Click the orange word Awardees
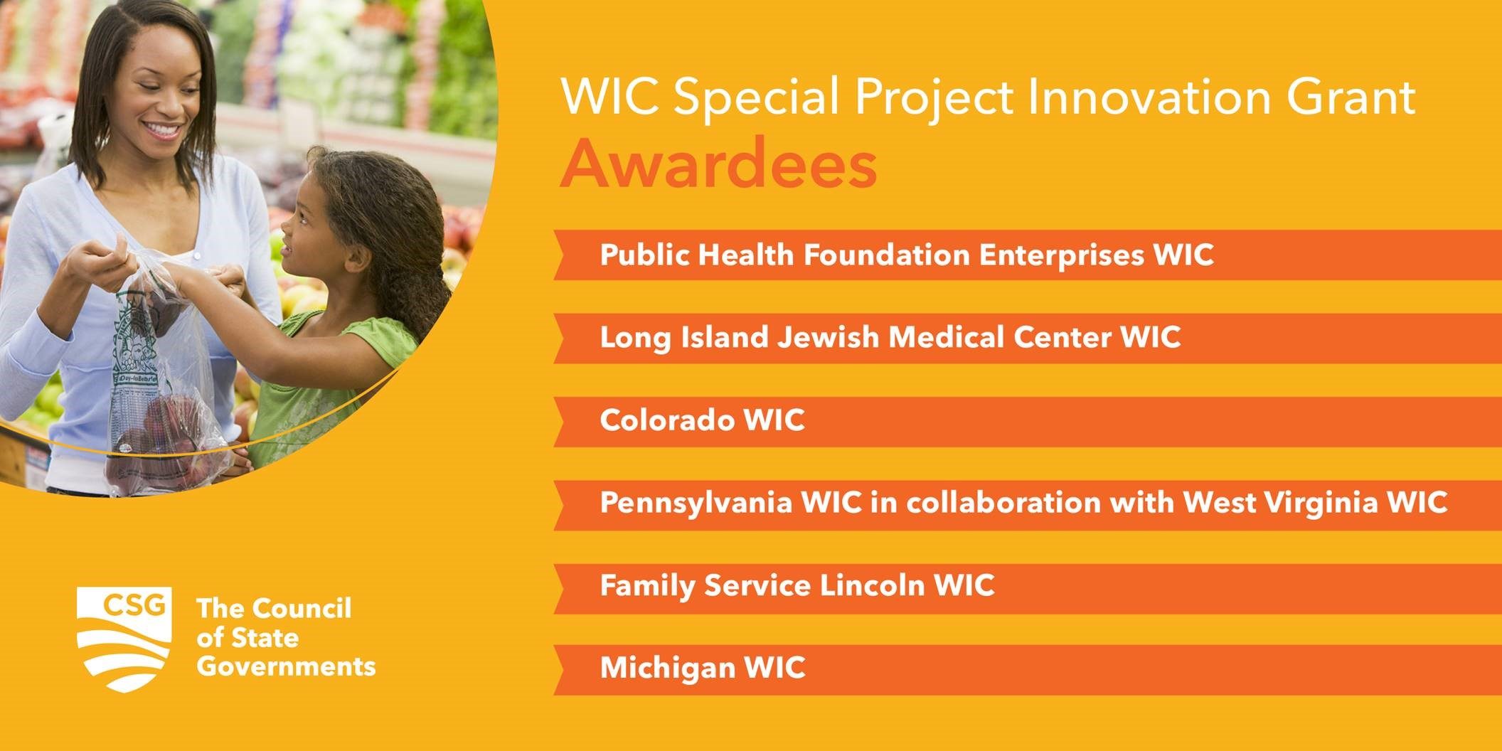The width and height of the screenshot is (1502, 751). tap(718, 164)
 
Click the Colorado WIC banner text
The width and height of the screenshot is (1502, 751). tap(703, 420)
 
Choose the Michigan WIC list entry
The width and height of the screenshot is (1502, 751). tap(703, 668)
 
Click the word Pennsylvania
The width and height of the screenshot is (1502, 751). tap(696, 504)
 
